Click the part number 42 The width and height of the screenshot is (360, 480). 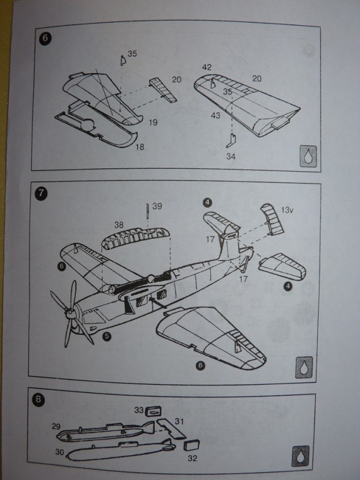(207, 68)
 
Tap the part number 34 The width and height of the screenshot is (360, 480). (231, 156)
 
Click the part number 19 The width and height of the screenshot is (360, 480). (153, 120)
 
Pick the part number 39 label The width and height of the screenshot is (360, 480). (157, 207)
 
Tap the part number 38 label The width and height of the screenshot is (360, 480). (119, 225)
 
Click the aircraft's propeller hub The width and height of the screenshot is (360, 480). (68, 311)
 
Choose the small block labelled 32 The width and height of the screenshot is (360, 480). (192, 445)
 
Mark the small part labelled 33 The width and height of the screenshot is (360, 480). (151, 411)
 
